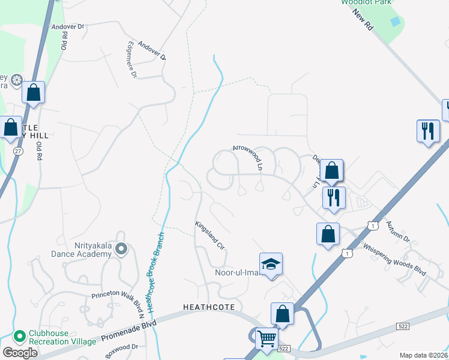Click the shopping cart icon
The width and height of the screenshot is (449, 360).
267,338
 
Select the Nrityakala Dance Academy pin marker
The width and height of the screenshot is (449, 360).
122,248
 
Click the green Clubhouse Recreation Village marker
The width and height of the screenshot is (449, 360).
20,335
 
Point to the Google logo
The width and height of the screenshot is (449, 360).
20,353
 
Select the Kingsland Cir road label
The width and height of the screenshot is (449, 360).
209,235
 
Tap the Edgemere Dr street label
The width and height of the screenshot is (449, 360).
130,60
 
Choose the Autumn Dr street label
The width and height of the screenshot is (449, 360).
397,230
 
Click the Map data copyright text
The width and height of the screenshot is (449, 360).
423,355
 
